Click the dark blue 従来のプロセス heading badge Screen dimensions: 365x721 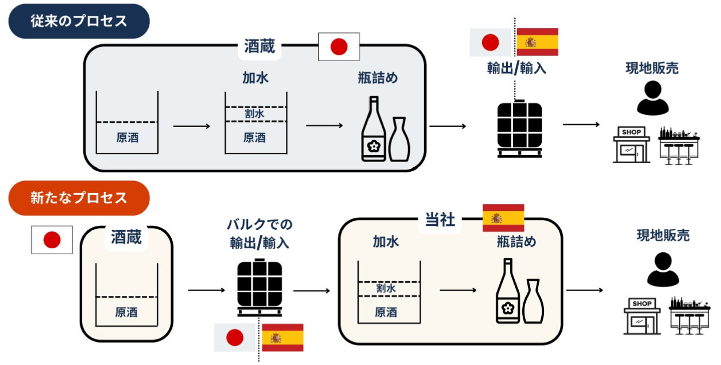pyautogui.click(x=79, y=22)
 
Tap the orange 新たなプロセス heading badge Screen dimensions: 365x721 pyautogui.click(x=79, y=198)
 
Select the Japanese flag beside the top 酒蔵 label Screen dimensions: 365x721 pyautogui.click(x=339, y=47)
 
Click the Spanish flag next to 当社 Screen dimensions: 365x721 pyautogui.click(x=503, y=218)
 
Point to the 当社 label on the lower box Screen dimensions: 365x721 pyautogui.click(x=440, y=220)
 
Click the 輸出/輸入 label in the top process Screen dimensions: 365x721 pyautogui.click(x=516, y=68)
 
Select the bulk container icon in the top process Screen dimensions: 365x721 pyautogui.click(x=519, y=129)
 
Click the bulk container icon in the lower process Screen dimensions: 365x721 pyautogui.click(x=259, y=287)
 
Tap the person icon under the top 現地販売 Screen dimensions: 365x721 pyautogui.click(x=652, y=98)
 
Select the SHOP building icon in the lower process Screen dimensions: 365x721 pyautogui.click(x=642, y=317)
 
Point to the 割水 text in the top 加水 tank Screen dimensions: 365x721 pyautogui.click(x=255, y=114)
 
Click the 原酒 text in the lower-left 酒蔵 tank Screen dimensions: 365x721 pyautogui.click(x=126, y=312)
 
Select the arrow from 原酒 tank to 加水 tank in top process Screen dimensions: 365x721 pyautogui.click(x=192, y=126)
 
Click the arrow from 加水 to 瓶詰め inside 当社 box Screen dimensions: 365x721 pyautogui.click(x=458, y=290)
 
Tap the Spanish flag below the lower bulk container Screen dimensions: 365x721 pyautogui.click(x=282, y=337)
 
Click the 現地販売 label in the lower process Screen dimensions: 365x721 pyautogui.click(x=663, y=235)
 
